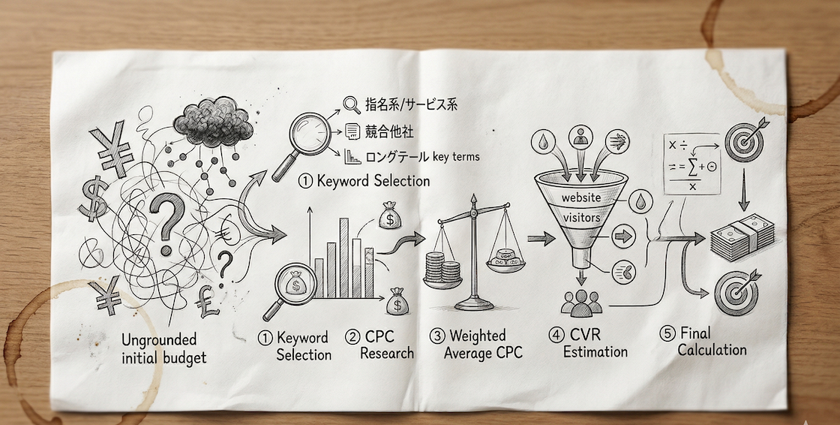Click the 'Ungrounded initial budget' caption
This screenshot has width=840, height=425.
163,349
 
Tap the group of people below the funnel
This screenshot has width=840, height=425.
581,303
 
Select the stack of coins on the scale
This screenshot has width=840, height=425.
441,270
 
